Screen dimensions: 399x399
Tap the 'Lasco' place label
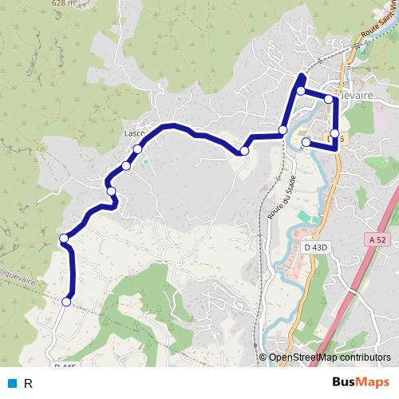tap(133, 133)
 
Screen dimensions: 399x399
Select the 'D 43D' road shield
tap(317, 247)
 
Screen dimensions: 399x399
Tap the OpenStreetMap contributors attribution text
tap(330, 358)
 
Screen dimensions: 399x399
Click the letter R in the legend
tap(28, 383)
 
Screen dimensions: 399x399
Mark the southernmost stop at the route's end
tap(66, 302)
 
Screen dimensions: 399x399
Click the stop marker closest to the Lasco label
tap(138, 149)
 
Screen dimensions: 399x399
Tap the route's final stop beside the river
tap(306, 142)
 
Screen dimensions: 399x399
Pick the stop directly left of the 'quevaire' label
tap(329, 98)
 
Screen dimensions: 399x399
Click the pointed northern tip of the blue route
tap(301, 75)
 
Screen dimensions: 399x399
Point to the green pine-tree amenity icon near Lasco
tap(145, 160)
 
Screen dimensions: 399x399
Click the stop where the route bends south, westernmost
tap(64, 237)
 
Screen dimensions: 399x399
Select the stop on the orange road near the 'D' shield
tap(334, 133)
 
